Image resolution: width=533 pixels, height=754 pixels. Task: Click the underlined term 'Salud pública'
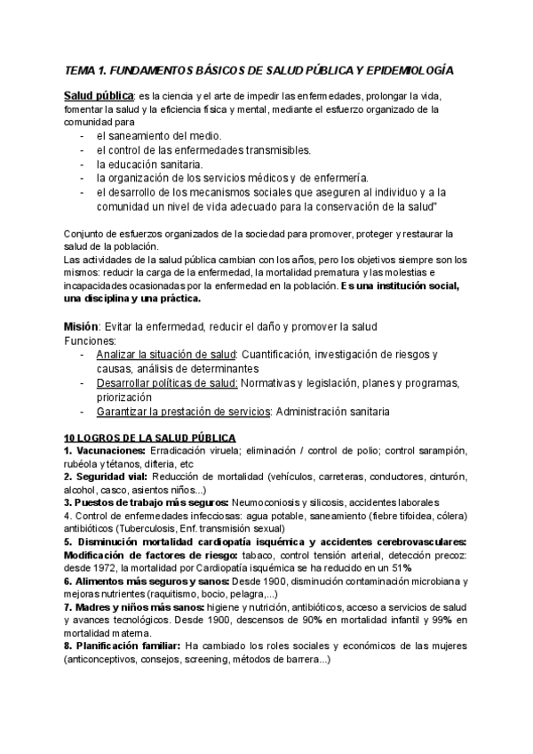[98, 95]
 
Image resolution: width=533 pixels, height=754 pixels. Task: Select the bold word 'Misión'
[81, 326]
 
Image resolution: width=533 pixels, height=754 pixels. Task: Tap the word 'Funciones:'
[91, 341]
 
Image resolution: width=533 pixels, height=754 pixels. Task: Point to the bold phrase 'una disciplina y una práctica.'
[132, 300]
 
